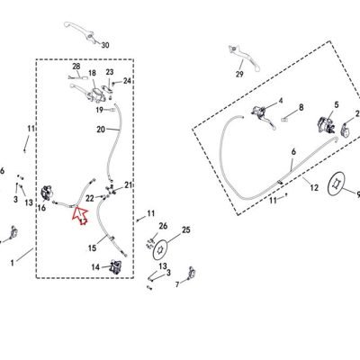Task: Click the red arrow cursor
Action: click(79, 215)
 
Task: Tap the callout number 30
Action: click(105, 45)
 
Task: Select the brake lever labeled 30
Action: click(80, 31)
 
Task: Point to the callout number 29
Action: click(239, 74)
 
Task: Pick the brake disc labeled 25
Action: click(161, 249)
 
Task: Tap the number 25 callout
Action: click(186, 230)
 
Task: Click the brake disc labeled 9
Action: click(337, 184)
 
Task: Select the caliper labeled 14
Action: click(116, 266)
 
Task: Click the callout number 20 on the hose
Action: click(101, 130)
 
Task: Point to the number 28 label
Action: click(76, 67)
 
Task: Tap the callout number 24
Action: click(127, 81)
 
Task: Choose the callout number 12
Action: click(314, 188)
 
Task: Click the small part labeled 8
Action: click(285, 120)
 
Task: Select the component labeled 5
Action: click(326, 126)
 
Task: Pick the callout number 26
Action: click(163, 226)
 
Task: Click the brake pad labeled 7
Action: click(192, 273)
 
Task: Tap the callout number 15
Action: click(93, 248)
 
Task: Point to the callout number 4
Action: click(281, 101)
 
